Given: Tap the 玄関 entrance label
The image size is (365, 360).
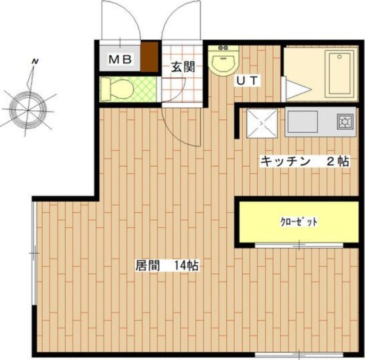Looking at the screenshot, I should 183,67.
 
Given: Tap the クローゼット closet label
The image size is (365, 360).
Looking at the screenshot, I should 299,222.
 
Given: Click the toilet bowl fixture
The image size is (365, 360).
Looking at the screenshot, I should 118,89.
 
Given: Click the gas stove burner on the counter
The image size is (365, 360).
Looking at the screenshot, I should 345,122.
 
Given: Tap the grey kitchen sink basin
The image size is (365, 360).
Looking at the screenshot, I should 302,122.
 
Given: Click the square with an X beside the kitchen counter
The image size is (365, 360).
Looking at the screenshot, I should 261,123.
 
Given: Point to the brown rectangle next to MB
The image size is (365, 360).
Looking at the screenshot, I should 149,57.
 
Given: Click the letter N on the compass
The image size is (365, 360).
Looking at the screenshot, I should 35,61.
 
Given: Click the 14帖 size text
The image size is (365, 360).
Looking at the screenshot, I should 185,266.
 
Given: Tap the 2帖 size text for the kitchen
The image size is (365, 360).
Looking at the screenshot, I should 338,161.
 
